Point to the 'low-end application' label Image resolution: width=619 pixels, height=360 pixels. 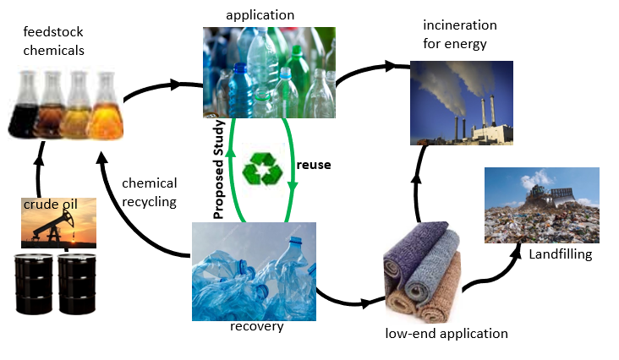[x=446, y=333]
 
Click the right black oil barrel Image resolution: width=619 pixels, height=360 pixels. [x=78, y=282]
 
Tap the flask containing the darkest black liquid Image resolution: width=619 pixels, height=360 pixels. [x=25, y=106]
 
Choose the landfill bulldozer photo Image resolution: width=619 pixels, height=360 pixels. [x=542, y=205]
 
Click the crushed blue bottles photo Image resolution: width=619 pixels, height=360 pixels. [x=255, y=270]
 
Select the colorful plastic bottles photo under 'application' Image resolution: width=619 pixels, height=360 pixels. [x=269, y=73]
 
